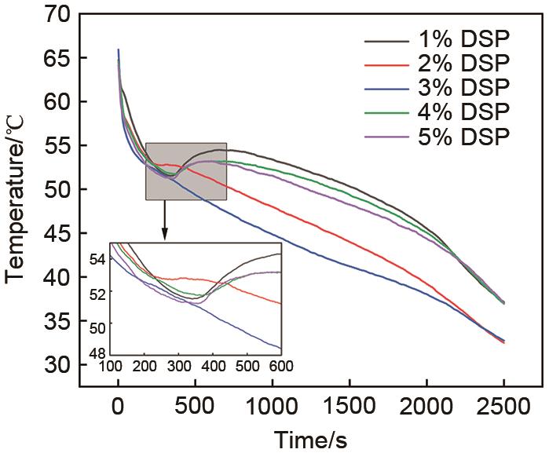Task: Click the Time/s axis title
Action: point(311,436)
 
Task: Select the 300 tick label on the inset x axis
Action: point(178,367)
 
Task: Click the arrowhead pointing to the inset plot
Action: point(165,234)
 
